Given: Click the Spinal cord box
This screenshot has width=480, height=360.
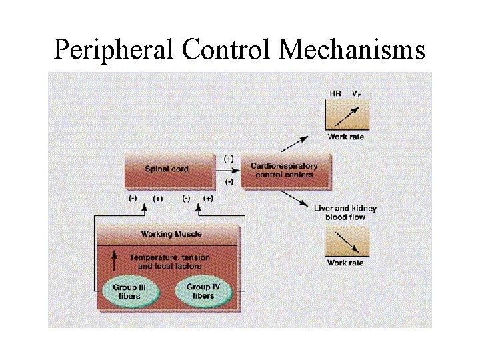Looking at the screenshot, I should [167, 169].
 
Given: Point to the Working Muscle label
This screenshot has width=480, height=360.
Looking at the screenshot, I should [171, 234].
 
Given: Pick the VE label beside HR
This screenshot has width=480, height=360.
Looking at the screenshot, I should [357, 93].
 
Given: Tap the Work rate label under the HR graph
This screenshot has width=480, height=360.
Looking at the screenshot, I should [345, 137].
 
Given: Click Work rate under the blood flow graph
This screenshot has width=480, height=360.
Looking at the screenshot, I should [345, 263].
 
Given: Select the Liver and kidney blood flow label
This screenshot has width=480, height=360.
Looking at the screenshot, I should [345, 213].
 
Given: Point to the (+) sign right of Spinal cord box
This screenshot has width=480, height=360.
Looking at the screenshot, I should [229, 159].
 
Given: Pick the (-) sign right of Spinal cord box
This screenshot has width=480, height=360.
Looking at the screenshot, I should [229, 181].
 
